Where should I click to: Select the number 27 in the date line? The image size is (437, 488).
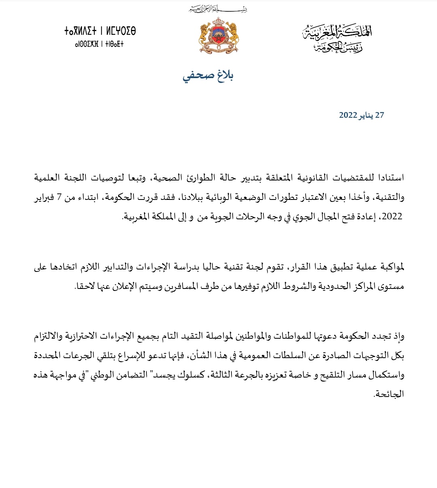point(380,115)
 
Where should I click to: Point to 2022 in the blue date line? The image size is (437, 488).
point(348,115)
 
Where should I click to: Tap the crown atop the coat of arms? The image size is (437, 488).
point(217,21)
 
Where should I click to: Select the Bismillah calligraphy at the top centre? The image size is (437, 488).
point(218,8)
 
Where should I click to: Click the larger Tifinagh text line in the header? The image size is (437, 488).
point(100,32)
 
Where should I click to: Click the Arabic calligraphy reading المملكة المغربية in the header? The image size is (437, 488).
point(337,33)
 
